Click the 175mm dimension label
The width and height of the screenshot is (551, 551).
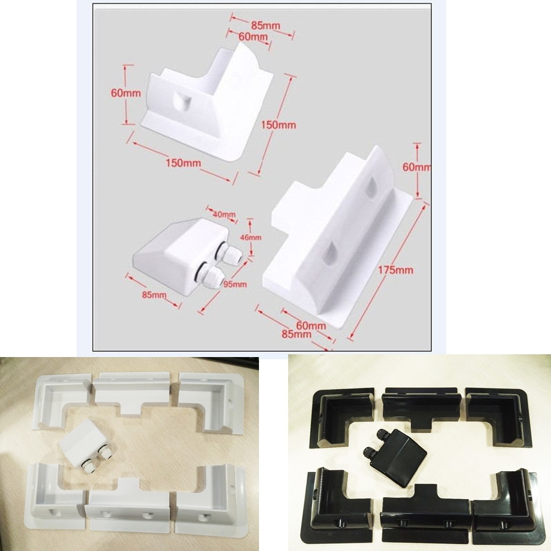pyautogui.click(x=396, y=270)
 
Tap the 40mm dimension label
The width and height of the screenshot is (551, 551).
pyautogui.click(x=225, y=214)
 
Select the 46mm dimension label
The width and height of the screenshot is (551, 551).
pyautogui.click(x=251, y=237)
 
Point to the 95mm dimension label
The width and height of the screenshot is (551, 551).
pyautogui.click(x=235, y=284)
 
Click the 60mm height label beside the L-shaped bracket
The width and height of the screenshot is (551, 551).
pyautogui.click(x=126, y=93)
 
